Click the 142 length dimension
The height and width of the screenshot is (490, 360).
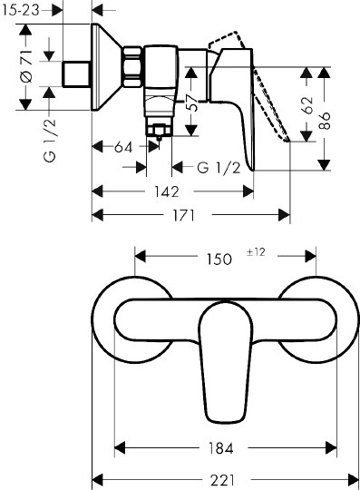coord(167,191)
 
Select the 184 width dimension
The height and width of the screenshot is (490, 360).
coord(220,448)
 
